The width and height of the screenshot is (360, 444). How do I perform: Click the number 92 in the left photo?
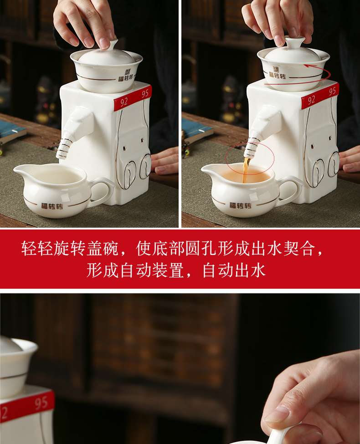pos(124,102)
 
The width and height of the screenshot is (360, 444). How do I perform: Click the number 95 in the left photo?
pos(145,94)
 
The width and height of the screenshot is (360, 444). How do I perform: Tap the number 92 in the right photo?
pos(311,99)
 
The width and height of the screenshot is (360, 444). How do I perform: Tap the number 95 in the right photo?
pos(333,91)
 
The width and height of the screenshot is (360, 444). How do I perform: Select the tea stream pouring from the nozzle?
pos(246,170)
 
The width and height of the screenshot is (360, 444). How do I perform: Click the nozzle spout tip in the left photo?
pos(60,156)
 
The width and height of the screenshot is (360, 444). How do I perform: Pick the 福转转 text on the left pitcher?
pos(51,206)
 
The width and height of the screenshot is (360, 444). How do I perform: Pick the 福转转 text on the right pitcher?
pos(240,205)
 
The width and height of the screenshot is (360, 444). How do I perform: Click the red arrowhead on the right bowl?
pos(306,66)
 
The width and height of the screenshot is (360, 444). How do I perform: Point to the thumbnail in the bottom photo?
pos(279,415)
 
